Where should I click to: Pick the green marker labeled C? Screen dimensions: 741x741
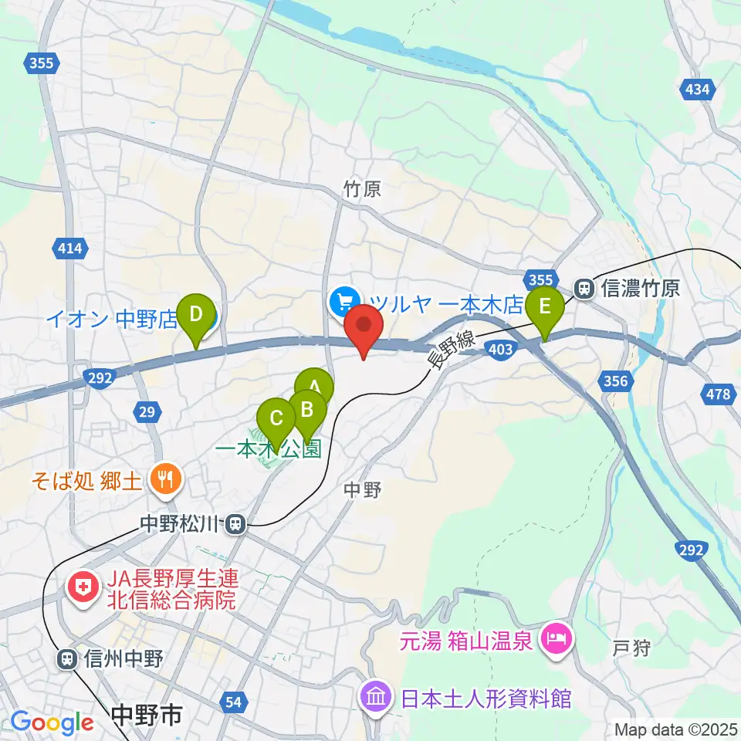276,420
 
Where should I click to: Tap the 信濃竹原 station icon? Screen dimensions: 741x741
584,289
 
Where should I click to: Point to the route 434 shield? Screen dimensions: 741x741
696,90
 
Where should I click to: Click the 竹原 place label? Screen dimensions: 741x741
363,189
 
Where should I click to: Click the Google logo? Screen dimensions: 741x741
51,722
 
